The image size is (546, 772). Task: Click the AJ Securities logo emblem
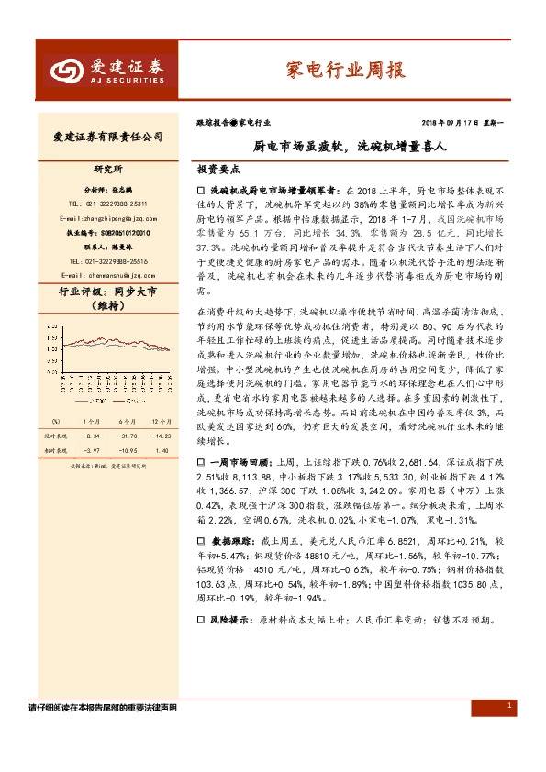[x=62, y=69]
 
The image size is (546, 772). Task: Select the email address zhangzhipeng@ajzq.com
[x=101, y=219]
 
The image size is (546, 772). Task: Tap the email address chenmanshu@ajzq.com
[x=101, y=274]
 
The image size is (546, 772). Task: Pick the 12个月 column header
[x=162, y=421]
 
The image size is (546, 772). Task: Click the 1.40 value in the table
[x=163, y=451]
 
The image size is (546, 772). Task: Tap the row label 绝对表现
[x=58, y=437]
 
